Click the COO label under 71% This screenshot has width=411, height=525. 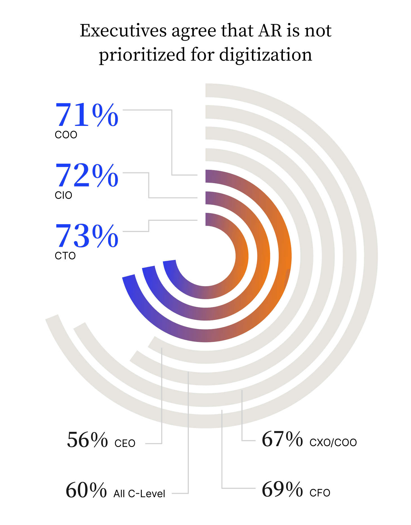(x=66, y=135)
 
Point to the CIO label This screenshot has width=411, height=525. (x=63, y=195)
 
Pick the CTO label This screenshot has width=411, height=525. (x=65, y=256)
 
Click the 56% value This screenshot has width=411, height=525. (x=87, y=440)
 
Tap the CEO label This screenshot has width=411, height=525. (x=125, y=443)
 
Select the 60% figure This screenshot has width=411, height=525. (x=86, y=490)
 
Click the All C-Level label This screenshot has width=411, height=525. (x=139, y=494)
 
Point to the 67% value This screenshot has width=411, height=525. (x=282, y=439)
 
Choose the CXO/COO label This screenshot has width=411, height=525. (x=333, y=442)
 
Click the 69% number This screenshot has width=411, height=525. (x=282, y=490)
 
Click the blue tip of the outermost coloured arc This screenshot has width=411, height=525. (x=129, y=280)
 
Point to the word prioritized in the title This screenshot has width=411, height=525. (x=142, y=55)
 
